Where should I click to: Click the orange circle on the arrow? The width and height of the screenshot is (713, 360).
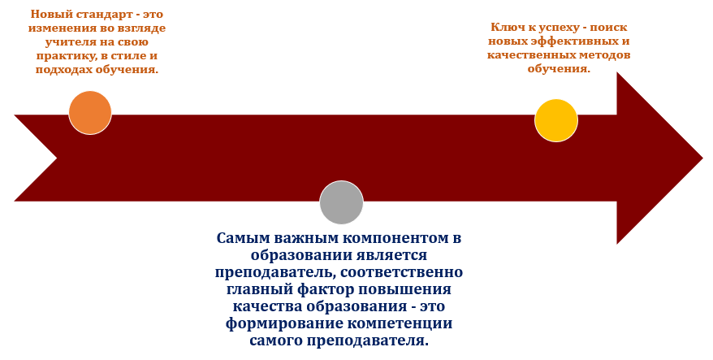pos(90,112)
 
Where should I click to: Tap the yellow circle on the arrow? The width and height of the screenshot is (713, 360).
pos(556,120)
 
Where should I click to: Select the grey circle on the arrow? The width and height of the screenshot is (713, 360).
pos(342,202)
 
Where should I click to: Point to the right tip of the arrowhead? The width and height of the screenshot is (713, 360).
pos(703,158)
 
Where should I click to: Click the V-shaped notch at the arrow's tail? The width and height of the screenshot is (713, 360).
pos(56,158)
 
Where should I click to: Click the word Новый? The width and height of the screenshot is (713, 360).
pos(49,14)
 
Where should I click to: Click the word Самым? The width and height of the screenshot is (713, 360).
pos(240,238)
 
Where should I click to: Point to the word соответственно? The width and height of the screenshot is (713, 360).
pos(401,272)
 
